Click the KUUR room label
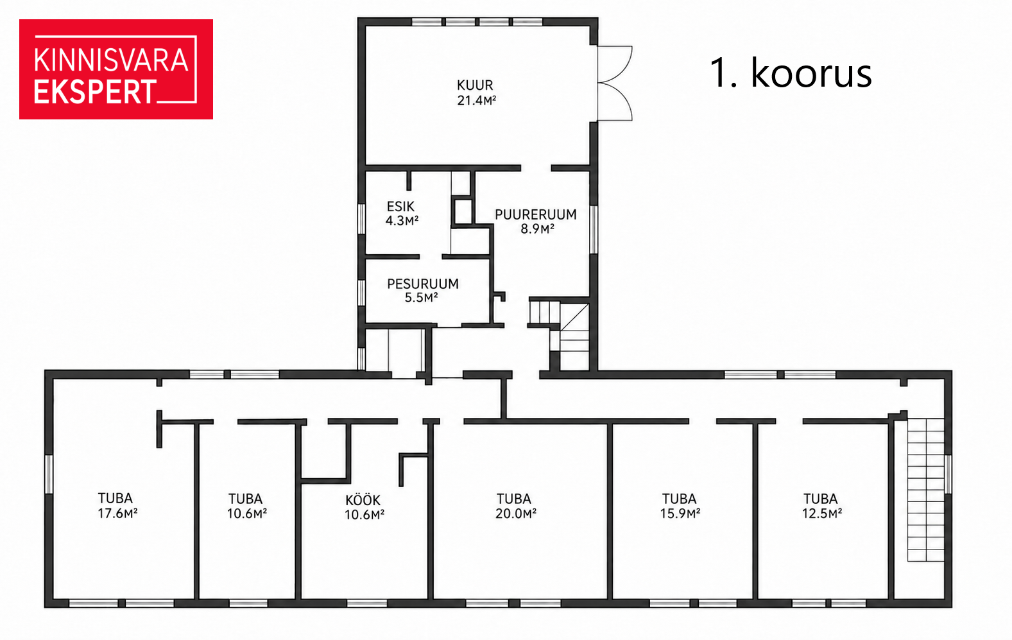[x=475, y=85]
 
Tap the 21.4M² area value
[x=477, y=100]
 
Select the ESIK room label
[x=400, y=207]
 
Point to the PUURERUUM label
[x=536, y=214]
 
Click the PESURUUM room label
[x=423, y=284]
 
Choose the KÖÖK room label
[x=363, y=500]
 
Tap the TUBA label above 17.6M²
[x=116, y=498]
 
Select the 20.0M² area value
[x=515, y=514]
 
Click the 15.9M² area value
[x=680, y=514]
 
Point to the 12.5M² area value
[x=822, y=514]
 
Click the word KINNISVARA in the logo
[x=111, y=60]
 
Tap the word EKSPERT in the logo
[x=96, y=92]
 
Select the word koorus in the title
[x=811, y=73]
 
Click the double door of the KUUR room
[x=614, y=83]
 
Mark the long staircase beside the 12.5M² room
[x=926, y=490]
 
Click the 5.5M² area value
[x=421, y=297]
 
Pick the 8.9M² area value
[x=537, y=229]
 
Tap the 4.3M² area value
[x=402, y=221]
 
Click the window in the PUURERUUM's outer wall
[x=594, y=229]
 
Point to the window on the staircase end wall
[x=948, y=474]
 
